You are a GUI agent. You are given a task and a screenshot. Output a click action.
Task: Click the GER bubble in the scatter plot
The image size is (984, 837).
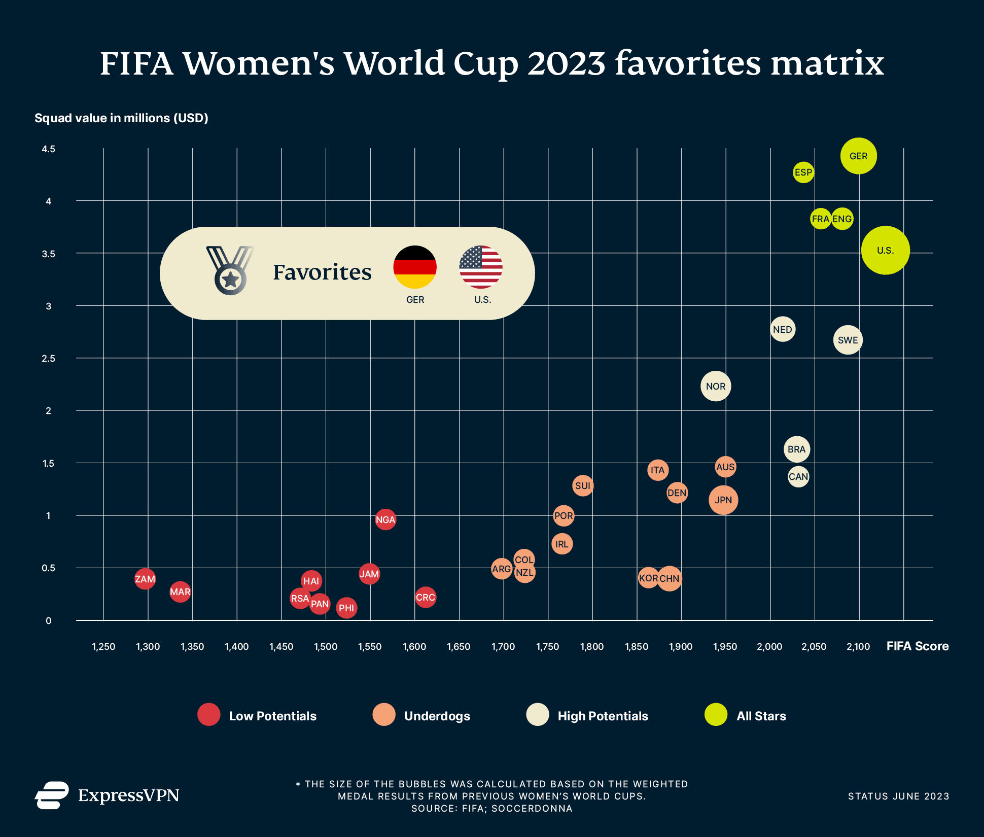[x=858, y=156]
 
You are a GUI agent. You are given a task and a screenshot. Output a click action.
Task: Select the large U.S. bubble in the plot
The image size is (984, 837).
[x=885, y=250]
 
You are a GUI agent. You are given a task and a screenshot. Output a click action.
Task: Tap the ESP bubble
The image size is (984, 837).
[x=803, y=172]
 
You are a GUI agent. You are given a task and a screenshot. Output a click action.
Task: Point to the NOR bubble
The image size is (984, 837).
[x=715, y=386]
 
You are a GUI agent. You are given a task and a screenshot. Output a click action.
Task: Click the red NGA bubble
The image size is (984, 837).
[x=385, y=519]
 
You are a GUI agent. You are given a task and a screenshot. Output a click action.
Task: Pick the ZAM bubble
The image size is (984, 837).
[x=145, y=579]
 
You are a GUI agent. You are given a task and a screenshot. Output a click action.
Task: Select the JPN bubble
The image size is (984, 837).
[x=723, y=500]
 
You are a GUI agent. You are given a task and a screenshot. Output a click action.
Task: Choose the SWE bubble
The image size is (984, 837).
[x=848, y=340]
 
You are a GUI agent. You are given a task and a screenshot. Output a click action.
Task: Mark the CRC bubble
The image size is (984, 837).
[x=425, y=597]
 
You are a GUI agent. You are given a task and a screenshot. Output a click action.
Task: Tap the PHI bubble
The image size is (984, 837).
[x=346, y=608]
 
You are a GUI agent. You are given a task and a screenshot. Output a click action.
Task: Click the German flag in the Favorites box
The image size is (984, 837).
[x=415, y=267]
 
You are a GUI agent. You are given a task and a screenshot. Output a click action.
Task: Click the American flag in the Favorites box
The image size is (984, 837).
[x=480, y=267]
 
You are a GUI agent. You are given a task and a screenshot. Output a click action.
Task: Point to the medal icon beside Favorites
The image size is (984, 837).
[x=230, y=270]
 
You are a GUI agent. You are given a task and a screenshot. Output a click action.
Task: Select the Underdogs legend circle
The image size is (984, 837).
[x=384, y=715]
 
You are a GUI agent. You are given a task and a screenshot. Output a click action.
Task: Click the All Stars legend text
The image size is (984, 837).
[x=761, y=716]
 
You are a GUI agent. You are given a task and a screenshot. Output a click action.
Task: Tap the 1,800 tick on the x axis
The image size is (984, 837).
[x=592, y=647]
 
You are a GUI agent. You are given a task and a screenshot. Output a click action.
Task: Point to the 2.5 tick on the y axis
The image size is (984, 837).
[x=49, y=359]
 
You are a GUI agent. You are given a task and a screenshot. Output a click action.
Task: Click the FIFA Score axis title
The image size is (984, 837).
[x=917, y=646]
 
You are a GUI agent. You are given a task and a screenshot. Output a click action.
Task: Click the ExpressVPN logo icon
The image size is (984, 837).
[x=52, y=795]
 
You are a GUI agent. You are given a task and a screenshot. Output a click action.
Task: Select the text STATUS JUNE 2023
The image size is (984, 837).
[x=898, y=796]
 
